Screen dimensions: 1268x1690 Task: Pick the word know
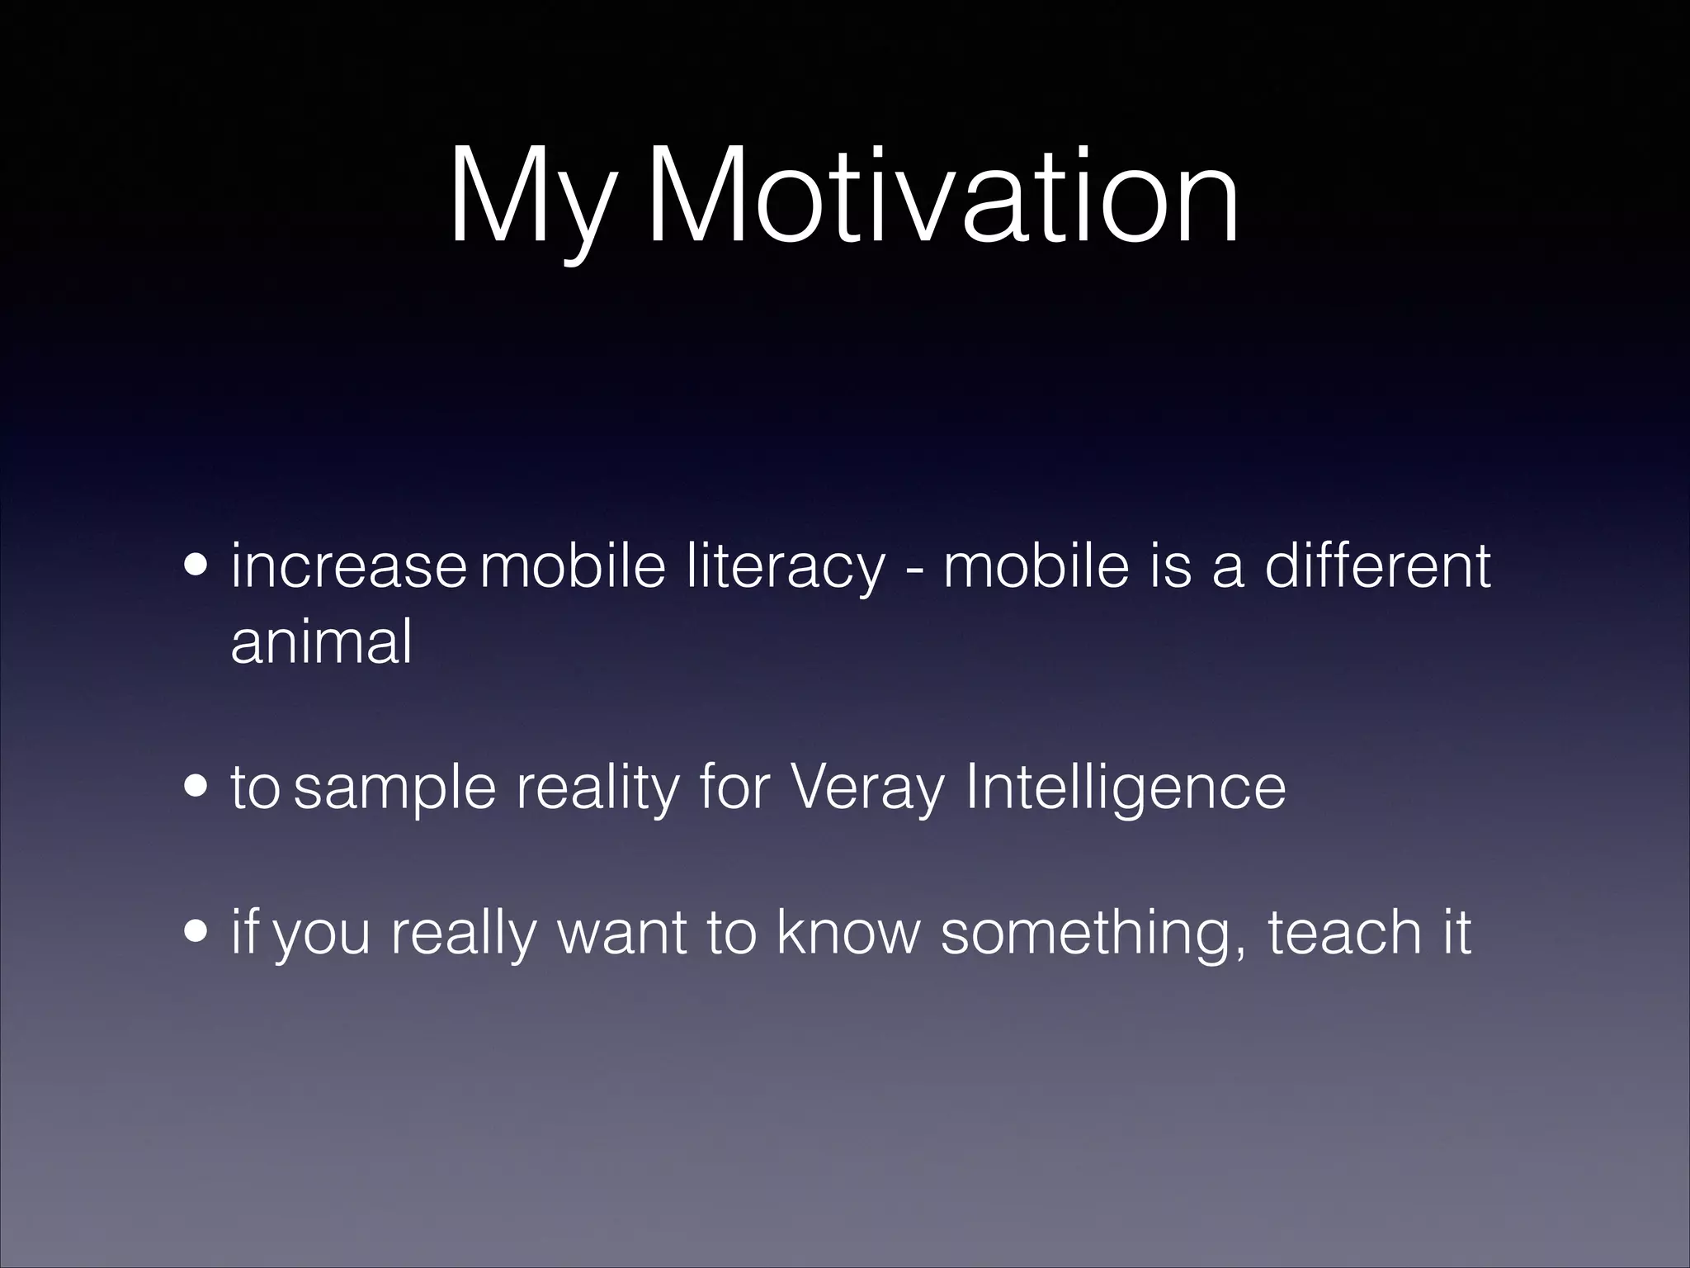coord(847,932)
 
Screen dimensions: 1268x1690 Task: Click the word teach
coord(1344,932)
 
